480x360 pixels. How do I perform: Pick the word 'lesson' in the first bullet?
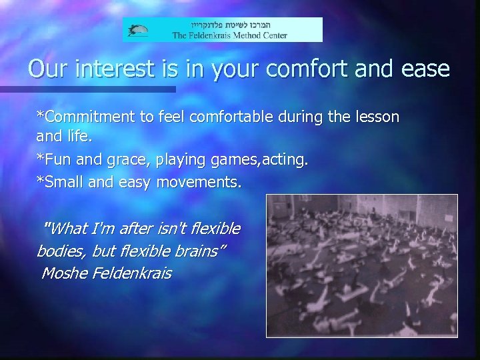(377, 117)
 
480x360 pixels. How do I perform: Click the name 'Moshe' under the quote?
(64, 273)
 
